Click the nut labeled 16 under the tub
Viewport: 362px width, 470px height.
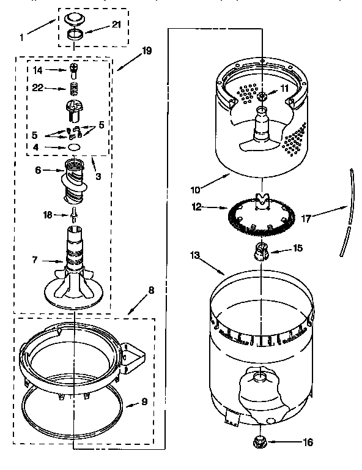coord(261,441)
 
